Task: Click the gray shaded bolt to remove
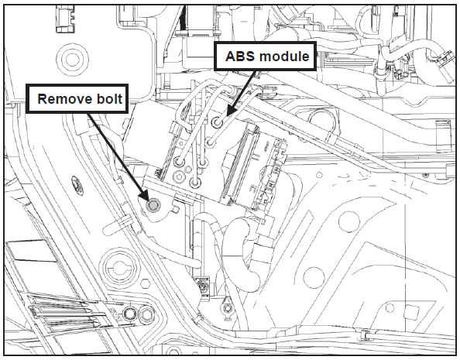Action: (x=153, y=205)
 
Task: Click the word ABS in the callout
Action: (x=240, y=57)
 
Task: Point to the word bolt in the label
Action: (x=105, y=99)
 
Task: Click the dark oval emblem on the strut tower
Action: (x=77, y=185)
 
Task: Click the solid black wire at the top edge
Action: (x=183, y=17)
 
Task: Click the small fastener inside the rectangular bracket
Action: (x=202, y=286)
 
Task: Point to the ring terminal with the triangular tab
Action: (x=226, y=308)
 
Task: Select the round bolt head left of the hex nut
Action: (x=129, y=314)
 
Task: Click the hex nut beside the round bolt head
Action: (x=146, y=314)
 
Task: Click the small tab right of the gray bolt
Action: (x=176, y=209)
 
